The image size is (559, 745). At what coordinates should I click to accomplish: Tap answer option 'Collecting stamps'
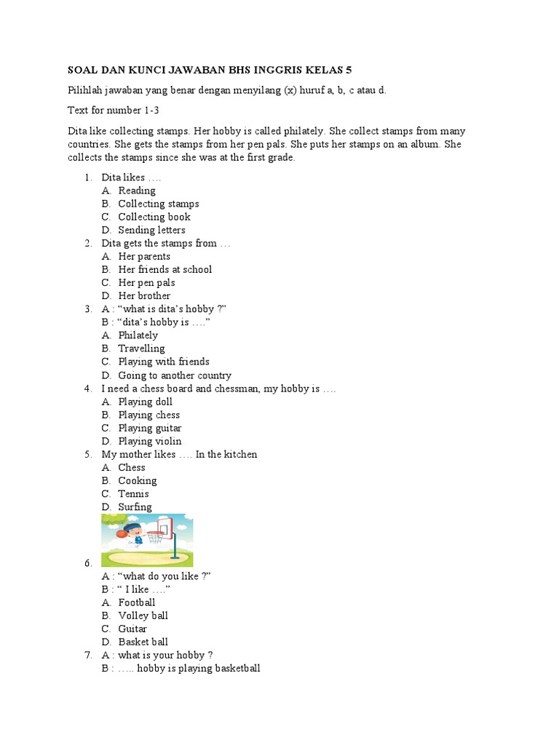coord(159,204)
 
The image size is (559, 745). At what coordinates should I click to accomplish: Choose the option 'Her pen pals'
coord(147,282)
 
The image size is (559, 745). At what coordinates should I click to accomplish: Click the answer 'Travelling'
coord(142,348)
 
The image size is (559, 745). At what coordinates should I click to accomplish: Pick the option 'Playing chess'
coord(149,415)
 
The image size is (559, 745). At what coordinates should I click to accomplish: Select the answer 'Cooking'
coord(138,480)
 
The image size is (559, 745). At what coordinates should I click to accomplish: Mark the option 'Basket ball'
coord(143,642)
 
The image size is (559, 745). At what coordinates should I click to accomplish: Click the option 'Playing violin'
coord(150,441)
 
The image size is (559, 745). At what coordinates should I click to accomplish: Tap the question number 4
coord(87,389)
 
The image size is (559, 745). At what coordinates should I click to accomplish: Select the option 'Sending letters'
coord(152,230)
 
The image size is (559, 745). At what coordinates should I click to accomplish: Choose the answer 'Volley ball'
coord(143,615)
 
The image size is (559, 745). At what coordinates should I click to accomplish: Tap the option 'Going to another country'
coord(175,375)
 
